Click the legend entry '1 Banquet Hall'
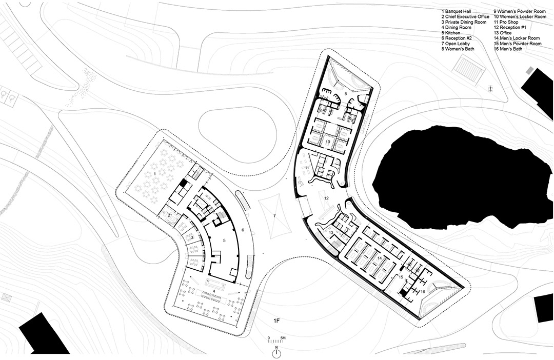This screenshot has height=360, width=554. (x=456, y=11)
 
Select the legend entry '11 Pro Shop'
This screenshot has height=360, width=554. (x=506, y=22)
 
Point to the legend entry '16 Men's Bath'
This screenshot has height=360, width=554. (x=508, y=49)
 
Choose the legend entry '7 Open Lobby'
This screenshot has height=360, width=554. (x=456, y=44)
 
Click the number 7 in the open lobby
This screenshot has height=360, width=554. (x=274, y=215)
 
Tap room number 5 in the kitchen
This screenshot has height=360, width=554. (x=224, y=240)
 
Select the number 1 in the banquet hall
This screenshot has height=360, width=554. (x=154, y=174)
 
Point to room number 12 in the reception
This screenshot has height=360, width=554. (x=326, y=198)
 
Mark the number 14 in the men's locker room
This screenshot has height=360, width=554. (x=380, y=258)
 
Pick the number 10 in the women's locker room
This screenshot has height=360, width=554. (x=327, y=142)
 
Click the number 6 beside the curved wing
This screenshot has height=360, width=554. (x=243, y=230)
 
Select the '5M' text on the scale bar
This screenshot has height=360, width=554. (x=283, y=338)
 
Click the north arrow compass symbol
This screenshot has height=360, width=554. (x=276, y=353)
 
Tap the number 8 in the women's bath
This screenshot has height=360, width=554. (x=346, y=93)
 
